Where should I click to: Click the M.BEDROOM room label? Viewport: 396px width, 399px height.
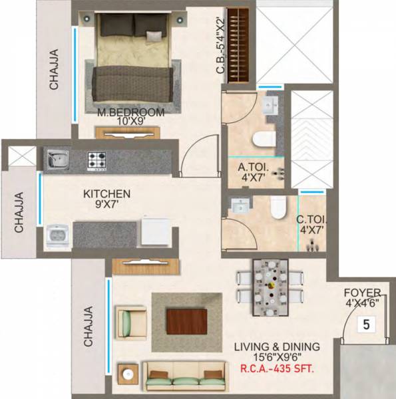tap(131, 112)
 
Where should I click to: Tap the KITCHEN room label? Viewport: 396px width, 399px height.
tap(106, 194)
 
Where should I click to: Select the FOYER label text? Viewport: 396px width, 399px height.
tap(363, 293)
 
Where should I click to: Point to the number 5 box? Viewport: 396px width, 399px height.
tap(365, 325)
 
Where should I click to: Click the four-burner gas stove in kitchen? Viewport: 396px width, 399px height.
tap(99, 159)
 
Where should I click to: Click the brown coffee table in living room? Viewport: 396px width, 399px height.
tap(186, 322)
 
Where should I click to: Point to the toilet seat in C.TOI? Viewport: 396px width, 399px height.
tap(280, 206)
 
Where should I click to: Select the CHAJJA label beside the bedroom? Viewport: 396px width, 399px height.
tap(53, 69)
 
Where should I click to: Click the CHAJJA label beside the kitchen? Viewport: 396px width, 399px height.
tap(19, 212)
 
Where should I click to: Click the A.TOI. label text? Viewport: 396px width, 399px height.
tap(251, 168)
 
